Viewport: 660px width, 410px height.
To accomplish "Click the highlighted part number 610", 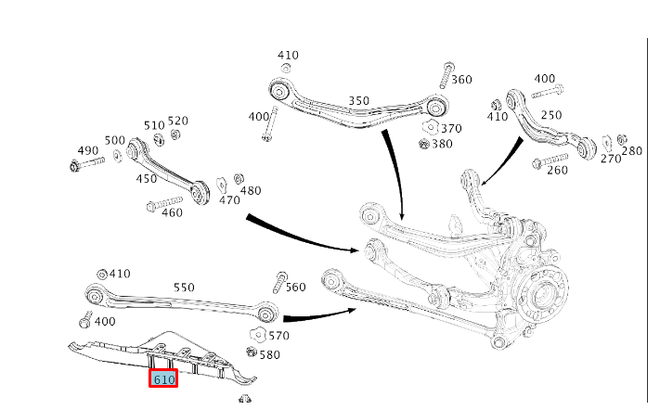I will click(x=164, y=379).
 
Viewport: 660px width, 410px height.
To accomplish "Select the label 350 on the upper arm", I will click(x=358, y=101).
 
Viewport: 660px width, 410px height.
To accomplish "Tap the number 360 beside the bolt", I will click(x=461, y=80).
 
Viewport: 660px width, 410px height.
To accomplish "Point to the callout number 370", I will click(x=451, y=128).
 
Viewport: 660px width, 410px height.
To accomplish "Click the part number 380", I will click(x=442, y=144).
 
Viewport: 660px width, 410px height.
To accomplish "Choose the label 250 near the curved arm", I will click(x=551, y=114).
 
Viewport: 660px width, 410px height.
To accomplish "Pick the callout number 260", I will click(x=557, y=170).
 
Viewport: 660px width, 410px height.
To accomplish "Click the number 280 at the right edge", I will click(x=631, y=150).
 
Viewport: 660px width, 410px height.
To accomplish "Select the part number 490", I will click(x=88, y=150).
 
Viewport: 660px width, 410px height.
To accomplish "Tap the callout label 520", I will click(x=177, y=122).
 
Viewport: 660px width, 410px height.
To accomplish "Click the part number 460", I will click(x=172, y=212).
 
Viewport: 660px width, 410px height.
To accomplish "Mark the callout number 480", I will click(x=251, y=191).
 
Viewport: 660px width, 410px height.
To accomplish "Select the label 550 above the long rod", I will click(x=184, y=288).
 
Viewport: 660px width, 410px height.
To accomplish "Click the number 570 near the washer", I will click(x=279, y=335).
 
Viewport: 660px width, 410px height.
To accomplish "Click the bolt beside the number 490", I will click(x=87, y=165).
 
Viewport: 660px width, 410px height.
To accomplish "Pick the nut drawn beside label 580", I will click(x=252, y=352).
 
